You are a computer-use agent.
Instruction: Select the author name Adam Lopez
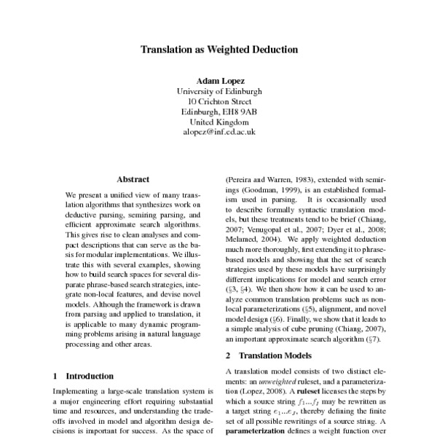(218, 80)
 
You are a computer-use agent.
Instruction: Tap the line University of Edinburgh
(218, 91)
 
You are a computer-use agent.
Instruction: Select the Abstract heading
(133, 178)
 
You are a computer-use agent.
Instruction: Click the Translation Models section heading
(267, 355)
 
